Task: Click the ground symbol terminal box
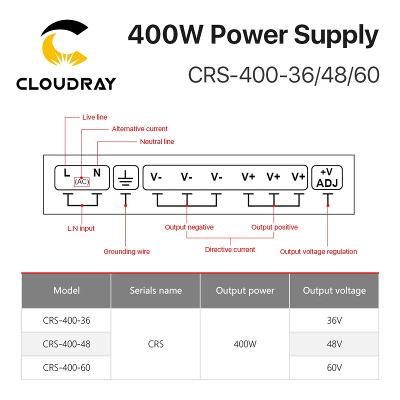[x=125, y=177]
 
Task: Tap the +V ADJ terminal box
[x=327, y=177]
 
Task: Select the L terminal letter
[x=67, y=173]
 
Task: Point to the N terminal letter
[x=96, y=173]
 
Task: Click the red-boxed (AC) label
[x=81, y=182]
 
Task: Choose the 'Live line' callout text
[x=94, y=117]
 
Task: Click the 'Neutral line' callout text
[x=157, y=141]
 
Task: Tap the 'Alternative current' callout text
[x=139, y=129]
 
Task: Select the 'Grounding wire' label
[x=126, y=251]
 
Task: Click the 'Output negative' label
[x=189, y=227]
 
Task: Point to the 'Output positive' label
[x=274, y=227]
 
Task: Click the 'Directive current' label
[x=230, y=249]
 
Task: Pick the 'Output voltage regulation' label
[x=318, y=251]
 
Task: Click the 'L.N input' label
[x=81, y=228]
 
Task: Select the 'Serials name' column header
[x=155, y=290]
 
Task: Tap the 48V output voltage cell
[x=334, y=344]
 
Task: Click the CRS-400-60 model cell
[x=66, y=368]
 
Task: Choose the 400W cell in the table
[x=245, y=344]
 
